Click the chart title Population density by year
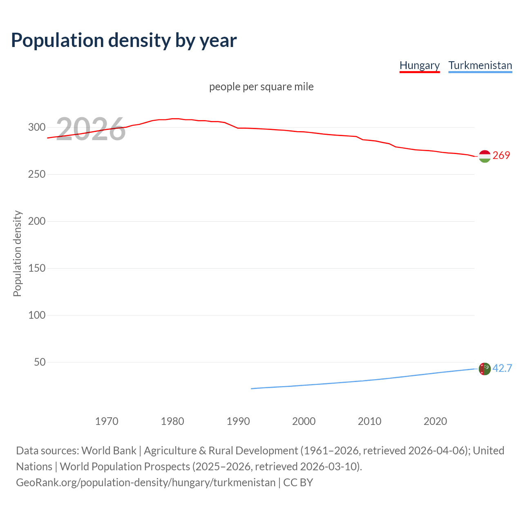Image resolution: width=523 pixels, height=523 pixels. click(124, 40)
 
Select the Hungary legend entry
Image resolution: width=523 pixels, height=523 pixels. click(419, 65)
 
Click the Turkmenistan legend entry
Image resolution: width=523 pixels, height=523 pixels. click(480, 65)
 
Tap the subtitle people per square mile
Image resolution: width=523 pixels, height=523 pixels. click(261, 87)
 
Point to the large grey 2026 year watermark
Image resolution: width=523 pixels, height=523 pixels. click(91, 129)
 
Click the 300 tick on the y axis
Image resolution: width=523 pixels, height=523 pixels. click(36, 127)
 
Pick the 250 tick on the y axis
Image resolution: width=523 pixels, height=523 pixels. click(36, 174)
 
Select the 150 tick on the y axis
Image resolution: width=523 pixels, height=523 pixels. click(36, 268)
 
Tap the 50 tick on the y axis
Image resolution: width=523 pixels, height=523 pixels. click(40, 362)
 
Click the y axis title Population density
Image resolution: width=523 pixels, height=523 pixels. click(17, 253)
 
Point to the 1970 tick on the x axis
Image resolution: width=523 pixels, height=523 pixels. click(107, 421)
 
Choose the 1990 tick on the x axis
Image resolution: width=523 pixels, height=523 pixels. click(238, 421)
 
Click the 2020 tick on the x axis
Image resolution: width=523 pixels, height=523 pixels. click(435, 421)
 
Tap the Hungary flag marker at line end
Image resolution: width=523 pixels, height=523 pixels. click(485, 156)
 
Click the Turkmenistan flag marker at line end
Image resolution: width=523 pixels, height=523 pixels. click(485, 369)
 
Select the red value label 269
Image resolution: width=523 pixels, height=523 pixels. click(501, 156)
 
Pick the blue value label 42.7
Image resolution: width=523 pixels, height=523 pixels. click(502, 369)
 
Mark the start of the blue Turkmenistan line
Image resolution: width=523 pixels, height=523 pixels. click(251, 389)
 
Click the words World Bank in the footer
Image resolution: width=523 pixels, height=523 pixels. click(109, 451)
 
